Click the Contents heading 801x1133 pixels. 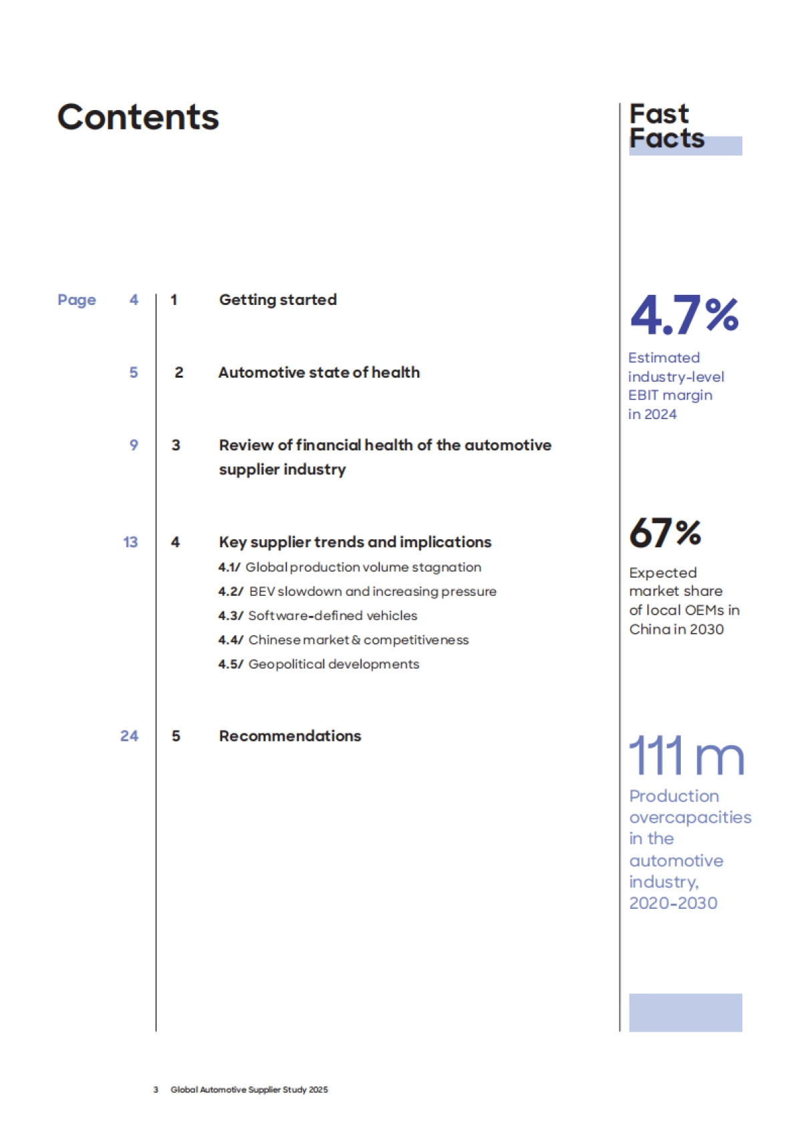point(138,117)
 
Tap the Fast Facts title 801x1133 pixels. point(666,126)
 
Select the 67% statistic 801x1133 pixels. point(665,532)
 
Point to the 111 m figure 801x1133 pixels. point(686,755)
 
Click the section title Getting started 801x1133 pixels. point(278,300)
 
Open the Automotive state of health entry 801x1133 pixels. point(319,372)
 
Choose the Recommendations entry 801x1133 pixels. point(290,736)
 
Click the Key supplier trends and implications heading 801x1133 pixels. point(355,542)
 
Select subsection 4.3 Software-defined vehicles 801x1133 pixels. point(318,615)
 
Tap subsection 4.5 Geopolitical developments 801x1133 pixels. point(319,664)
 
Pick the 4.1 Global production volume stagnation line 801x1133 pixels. point(350,567)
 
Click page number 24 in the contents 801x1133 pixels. point(129,736)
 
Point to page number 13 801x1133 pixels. point(131,542)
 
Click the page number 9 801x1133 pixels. point(133,445)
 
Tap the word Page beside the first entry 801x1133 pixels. point(77,300)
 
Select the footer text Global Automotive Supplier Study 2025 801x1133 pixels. point(249,1090)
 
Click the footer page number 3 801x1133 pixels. point(156,1090)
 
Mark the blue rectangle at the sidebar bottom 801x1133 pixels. point(685,1012)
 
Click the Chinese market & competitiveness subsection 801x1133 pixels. point(344,640)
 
